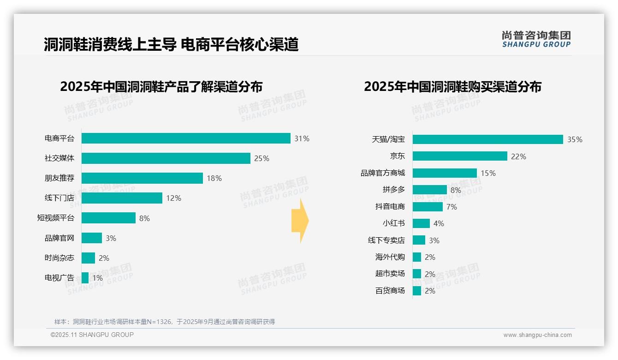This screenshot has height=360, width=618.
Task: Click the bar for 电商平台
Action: [186, 138]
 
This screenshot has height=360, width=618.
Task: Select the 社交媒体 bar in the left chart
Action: [166, 158]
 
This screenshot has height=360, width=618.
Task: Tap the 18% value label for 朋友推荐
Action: [214, 178]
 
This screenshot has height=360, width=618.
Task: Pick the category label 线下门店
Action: [59, 198]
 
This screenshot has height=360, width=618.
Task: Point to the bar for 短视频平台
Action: [108, 218]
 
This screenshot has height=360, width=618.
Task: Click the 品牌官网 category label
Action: [59, 238]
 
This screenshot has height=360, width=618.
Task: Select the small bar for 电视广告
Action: [85, 278]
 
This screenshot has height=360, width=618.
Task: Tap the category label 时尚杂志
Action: [59, 258]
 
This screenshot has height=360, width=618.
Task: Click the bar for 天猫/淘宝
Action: [487, 139]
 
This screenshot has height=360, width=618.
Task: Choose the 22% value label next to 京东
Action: [518, 156]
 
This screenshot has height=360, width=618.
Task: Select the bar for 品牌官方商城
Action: [445, 173]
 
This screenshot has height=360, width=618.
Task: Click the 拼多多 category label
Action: [393, 190]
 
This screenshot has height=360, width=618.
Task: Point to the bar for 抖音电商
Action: [428, 207]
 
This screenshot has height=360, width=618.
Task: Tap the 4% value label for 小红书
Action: [439, 223]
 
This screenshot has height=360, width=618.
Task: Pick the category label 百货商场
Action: [390, 291]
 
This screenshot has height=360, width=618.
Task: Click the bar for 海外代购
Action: [417, 257]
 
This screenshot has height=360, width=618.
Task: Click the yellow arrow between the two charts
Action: [300, 221]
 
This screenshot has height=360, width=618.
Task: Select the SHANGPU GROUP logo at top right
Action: [536, 39]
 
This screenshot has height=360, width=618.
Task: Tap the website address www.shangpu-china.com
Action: [537, 335]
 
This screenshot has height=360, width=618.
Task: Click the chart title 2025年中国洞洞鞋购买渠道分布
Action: [452, 87]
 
